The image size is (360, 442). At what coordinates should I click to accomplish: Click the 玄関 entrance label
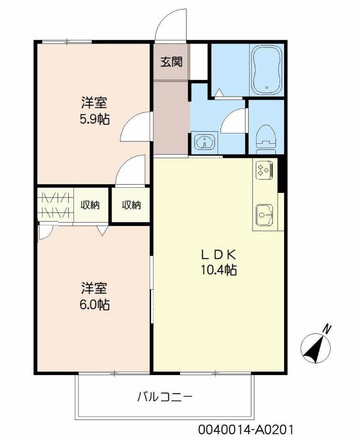click(171, 62)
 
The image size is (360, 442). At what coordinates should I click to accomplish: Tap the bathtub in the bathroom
click(266, 70)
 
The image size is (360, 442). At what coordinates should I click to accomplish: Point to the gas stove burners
click(264, 169)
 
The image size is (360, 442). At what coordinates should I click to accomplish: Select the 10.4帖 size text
click(218, 271)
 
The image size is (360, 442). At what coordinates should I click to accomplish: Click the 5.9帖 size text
click(94, 119)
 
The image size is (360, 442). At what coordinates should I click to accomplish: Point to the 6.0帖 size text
click(94, 305)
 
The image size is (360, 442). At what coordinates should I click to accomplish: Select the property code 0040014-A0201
click(246, 430)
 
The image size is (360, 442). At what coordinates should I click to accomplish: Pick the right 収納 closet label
click(130, 205)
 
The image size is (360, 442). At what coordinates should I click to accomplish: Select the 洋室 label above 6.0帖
click(94, 288)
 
